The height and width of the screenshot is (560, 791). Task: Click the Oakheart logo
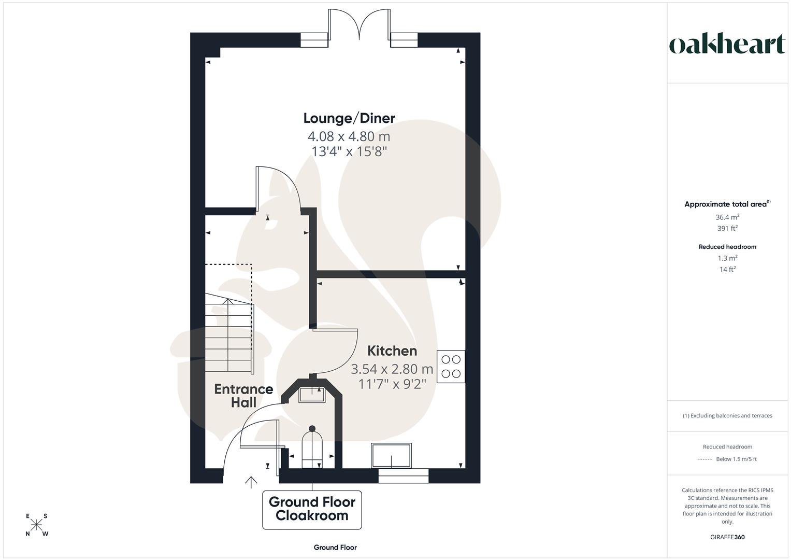(x=727, y=45)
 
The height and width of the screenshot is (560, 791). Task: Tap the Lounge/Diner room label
(x=349, y=118)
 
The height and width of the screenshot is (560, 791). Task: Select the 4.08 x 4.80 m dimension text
(x=349, y=136)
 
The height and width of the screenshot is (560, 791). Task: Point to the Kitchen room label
(x=392, y=351)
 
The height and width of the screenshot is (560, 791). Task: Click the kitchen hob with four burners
(x=451, y=367)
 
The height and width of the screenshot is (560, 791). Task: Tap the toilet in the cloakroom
(x=312, y=447)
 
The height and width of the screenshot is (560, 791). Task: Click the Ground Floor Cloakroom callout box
(x=312, y=509)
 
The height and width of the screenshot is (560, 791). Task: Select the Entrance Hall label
(x=243, y=395)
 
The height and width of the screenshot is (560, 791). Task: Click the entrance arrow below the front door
(x=251, y=482)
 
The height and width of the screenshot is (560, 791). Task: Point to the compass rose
(x=37, y=525)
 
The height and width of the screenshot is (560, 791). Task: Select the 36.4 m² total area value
(x=727, y=217)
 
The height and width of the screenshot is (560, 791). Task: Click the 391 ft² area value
(x=727, y=229)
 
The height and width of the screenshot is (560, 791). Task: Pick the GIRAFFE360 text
(x=727, y=537)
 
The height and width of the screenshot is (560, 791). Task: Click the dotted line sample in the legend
(x=705, y=459)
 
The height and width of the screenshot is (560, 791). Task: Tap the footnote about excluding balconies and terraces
(x=727, y=416)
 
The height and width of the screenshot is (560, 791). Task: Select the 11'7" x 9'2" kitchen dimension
(x=392, y=384)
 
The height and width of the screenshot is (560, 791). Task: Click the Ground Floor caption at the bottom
(x=335, y=547)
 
